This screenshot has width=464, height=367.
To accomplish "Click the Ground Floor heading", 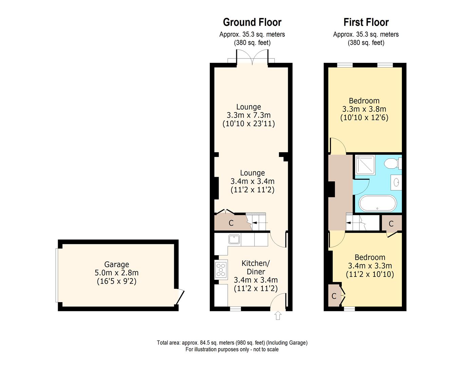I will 252,22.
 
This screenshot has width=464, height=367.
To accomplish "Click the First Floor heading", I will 366,22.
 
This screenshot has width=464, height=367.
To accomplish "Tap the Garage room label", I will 116,264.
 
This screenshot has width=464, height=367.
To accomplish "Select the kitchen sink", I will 234,239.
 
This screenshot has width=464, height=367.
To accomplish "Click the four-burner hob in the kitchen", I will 221,269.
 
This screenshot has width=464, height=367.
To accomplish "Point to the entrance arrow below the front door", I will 278,316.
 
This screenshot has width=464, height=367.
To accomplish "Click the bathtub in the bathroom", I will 377,203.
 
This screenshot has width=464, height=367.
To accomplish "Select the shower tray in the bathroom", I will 365,165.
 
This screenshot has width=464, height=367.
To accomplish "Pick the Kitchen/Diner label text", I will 256,267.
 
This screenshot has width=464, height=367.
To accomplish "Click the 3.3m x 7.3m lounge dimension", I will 248,115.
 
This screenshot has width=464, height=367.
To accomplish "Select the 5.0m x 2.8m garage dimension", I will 116,273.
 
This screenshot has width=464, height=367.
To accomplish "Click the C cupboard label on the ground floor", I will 231,223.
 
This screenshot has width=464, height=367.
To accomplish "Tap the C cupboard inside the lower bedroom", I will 334,296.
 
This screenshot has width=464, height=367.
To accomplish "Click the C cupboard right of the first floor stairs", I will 391,224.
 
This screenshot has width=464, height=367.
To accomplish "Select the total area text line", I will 232,343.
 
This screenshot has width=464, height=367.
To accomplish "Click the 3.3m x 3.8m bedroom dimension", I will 364,109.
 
